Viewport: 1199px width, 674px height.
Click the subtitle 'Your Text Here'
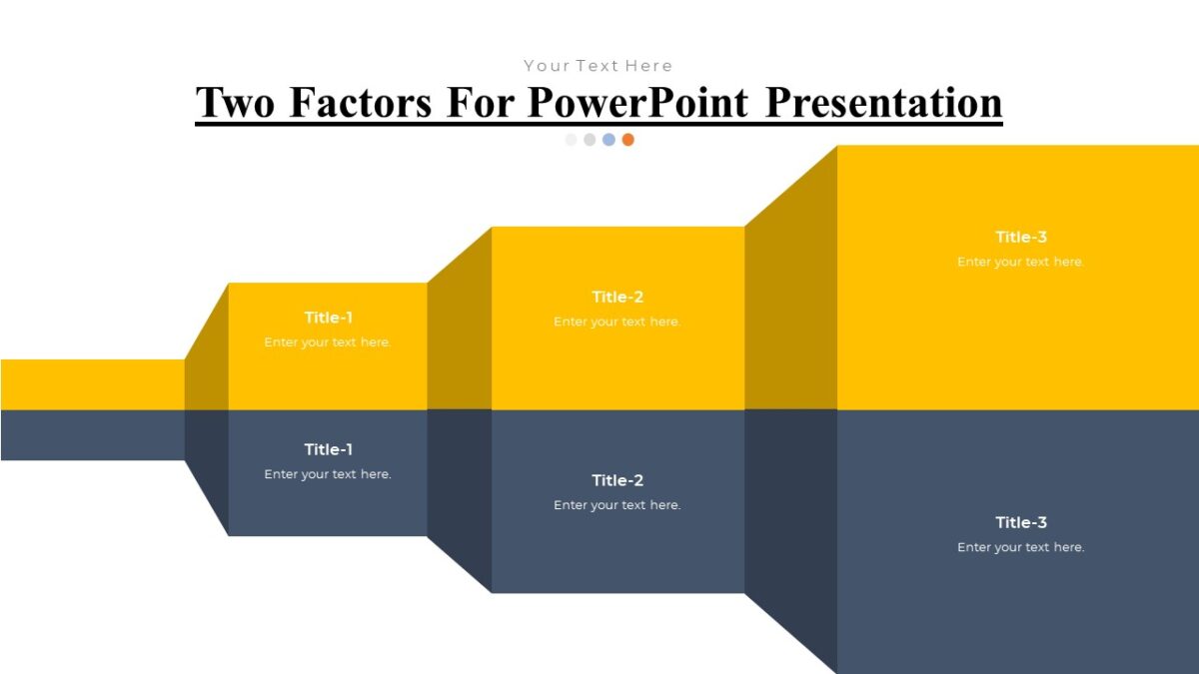tap(599, 66)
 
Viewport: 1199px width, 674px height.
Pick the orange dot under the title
tap(627, 140)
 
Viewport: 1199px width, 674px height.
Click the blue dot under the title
tap(608, 140)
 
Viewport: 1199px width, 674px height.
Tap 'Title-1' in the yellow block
tap(329, 318)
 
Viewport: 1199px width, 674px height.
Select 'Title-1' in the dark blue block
tap(329, 449)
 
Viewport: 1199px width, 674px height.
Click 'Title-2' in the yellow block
tap(617, 297)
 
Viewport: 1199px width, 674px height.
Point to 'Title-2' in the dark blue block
tap(617, 480)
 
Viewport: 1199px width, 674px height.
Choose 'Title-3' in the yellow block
tap(1021, 237)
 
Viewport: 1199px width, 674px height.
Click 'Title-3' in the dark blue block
tap(1021, 522)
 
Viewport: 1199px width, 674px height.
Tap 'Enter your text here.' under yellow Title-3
tap(1020, 262)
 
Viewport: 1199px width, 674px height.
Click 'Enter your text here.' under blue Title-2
tap(617, 505)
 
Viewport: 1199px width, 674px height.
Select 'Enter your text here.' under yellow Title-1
tap(328, 342)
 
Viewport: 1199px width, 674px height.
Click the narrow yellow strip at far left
tap(90, 384)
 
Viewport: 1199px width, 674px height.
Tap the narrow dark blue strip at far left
tap(90, 435)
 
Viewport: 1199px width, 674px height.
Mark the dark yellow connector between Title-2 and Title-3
tap(790, 300)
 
